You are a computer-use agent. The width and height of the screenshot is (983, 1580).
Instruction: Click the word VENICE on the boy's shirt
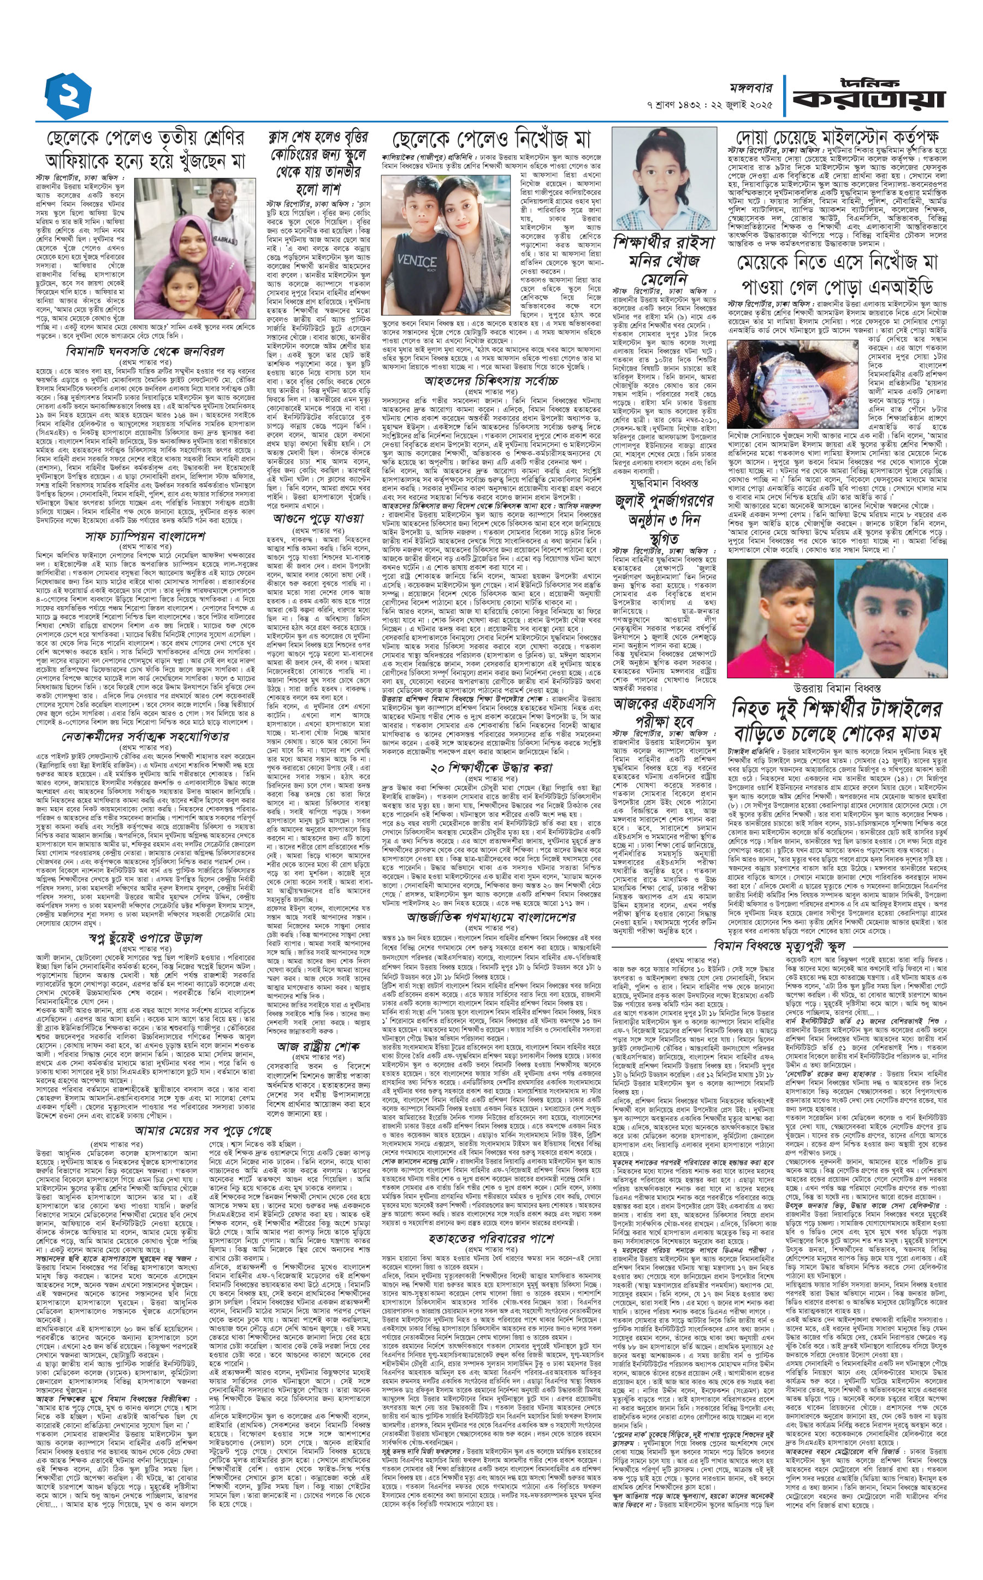point(416,262)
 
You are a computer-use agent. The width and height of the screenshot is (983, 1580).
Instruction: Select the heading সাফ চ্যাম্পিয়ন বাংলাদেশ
point(146,535)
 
